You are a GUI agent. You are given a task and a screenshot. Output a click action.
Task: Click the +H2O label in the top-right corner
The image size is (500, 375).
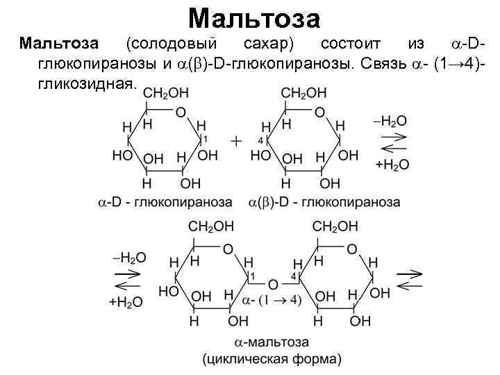pyautogui.click(x=392, y=165)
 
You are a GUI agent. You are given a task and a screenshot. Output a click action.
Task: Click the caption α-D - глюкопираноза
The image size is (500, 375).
pyautogui.click(x=164, y=202)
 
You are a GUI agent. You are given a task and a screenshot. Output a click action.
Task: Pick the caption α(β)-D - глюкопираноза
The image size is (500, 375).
pyautogui.click(x=324, y=202)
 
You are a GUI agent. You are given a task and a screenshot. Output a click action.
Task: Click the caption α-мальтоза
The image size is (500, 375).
pyautogui.click(x=272, y=343)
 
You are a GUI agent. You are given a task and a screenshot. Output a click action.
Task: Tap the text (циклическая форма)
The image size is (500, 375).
pyautogui.click(x=272, y=359)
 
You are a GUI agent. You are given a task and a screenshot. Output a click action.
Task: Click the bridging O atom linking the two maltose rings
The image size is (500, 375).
pyautogui.click(x=273, y=285)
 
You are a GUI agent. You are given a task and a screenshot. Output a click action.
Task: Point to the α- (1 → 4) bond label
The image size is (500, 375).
pyautogui.click(x=272, y=300)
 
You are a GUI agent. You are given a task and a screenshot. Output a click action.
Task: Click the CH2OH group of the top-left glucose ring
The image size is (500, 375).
pyautogui.click(x=165, y=92)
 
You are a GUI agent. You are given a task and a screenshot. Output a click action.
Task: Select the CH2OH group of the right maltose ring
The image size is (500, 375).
pyautogui.click(x=335, y=226)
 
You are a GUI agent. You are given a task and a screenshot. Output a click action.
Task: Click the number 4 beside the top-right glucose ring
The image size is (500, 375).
pyautogui.click(x=259, y=140)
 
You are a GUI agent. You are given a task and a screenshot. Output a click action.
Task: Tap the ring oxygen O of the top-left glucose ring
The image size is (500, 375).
pyautogui.click(x=181, y=112)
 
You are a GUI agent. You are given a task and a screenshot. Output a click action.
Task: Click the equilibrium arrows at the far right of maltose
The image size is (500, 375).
pyautogui.click(x=410, y=279)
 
